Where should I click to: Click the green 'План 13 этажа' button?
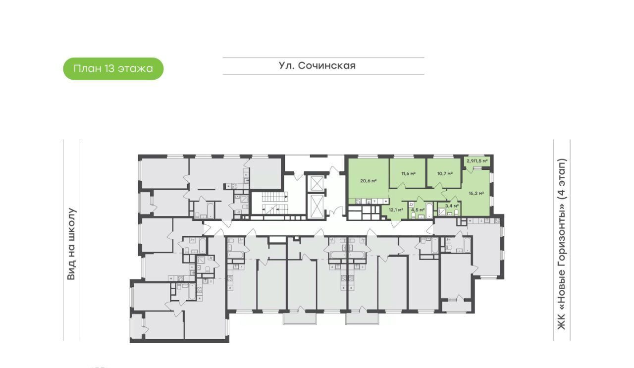113,69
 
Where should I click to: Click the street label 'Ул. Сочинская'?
317,66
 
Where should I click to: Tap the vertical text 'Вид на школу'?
71,244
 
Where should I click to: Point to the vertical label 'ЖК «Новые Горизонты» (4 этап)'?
562,244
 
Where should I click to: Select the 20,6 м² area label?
368,181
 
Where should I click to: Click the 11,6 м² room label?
408,173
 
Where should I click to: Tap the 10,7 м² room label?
445,173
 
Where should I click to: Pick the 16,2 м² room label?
476,193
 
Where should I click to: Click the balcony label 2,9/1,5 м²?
477,161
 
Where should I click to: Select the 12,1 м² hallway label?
396,210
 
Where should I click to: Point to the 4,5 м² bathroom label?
418,210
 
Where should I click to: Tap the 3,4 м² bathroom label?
452,206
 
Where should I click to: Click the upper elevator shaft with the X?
317,183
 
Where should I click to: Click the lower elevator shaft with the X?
317,207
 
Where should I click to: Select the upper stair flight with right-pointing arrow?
274,196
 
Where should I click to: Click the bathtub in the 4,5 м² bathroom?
429,210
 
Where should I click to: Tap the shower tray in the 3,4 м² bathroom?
441,211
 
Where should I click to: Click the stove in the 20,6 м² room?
358,201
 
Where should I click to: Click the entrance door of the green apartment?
396,223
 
